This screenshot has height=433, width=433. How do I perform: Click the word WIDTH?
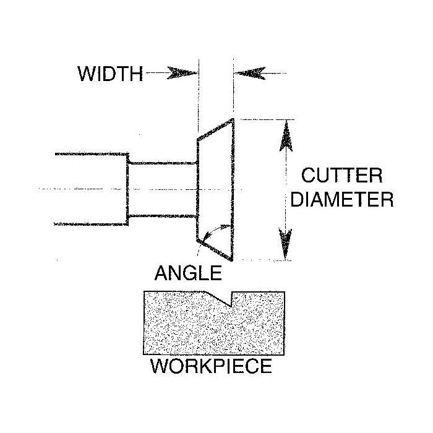110,74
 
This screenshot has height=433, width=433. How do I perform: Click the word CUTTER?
342,175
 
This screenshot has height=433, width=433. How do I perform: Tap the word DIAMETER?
342,199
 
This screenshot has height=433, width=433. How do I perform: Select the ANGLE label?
188,273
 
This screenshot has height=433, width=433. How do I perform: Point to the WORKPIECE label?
211,366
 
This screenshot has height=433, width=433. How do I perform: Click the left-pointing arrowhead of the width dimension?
250,73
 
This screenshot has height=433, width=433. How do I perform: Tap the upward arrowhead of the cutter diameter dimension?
286,136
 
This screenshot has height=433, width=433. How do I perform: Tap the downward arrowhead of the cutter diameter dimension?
285,244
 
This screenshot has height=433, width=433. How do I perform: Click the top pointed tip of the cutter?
233,119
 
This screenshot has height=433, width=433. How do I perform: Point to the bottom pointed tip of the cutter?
231,260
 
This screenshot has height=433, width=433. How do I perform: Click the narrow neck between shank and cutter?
163,190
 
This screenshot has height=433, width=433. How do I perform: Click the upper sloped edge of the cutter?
215,129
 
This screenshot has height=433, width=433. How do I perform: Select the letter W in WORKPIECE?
159,366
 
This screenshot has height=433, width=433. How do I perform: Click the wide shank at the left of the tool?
91,189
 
